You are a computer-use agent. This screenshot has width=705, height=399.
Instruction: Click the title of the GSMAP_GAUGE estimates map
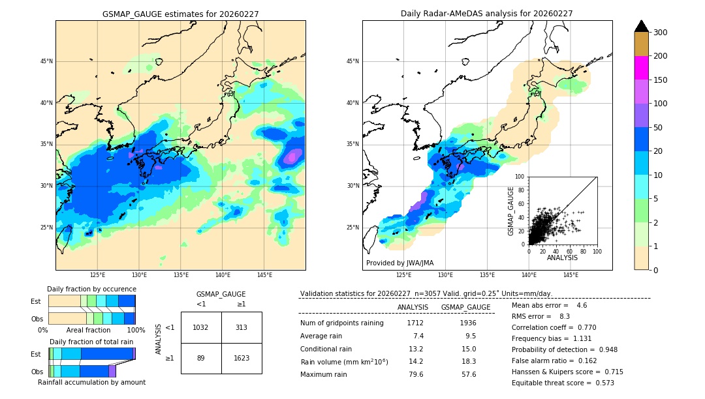(180, 14)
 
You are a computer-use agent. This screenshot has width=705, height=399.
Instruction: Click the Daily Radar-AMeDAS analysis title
(487, 14)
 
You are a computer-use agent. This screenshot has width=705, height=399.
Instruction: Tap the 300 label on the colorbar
(661, 33)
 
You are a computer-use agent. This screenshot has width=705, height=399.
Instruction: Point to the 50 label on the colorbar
(658, 128)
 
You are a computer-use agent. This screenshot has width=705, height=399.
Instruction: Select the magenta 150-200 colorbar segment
(641, 68)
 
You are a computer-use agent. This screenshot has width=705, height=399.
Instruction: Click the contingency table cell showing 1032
(201, 327)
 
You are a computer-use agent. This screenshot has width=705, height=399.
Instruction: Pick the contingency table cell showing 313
(242, 327)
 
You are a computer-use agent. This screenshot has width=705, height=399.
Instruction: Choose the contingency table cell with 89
(201, 358)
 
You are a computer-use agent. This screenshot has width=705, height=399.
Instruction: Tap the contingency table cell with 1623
(242, 358)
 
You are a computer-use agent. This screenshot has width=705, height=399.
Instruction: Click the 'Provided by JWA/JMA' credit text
(399, 263)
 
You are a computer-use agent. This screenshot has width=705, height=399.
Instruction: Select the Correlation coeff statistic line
(554, 327)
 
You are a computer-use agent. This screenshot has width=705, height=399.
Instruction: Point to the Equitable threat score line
(563, 383)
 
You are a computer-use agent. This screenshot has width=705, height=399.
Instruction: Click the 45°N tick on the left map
(46, 61)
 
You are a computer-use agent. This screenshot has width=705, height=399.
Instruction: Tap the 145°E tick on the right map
(571, 275)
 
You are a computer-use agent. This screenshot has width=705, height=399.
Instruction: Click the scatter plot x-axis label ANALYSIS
(562, 258)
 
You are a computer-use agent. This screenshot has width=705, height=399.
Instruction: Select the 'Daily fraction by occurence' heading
(91, 289)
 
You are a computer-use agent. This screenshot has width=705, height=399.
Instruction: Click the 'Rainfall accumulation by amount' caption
(91, 382)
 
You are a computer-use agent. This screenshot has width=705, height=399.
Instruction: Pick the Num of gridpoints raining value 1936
(467, 323)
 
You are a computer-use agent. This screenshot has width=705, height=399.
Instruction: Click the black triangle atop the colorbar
(641, 26)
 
